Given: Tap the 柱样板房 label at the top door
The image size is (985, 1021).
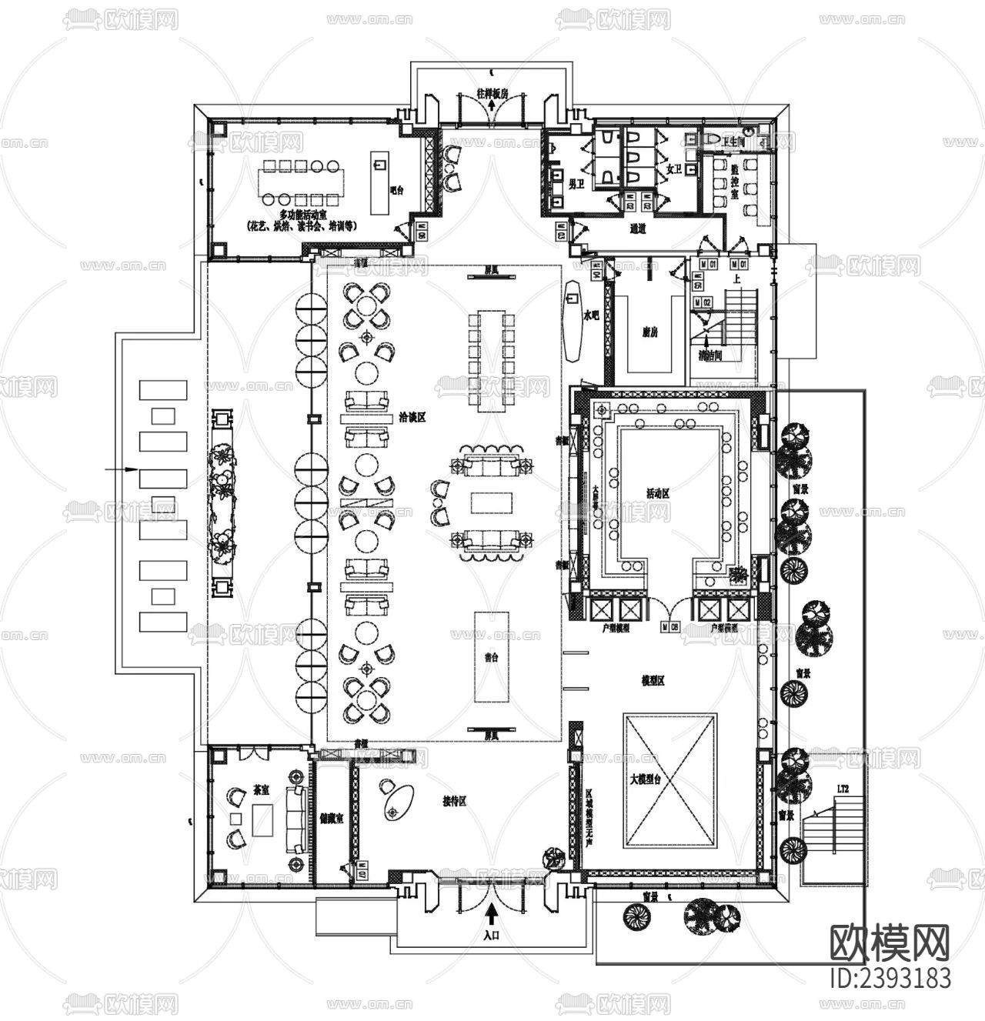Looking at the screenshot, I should (492, 94).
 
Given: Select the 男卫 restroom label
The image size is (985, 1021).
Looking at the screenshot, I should (576, 184).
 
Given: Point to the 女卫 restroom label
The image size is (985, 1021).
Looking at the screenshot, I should (674, 168).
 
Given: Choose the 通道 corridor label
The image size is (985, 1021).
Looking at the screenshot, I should (637, 228).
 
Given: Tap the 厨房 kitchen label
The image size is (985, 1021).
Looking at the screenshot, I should (650, 332).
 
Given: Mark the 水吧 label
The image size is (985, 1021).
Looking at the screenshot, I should (591, 315).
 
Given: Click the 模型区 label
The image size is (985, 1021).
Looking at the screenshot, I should (653, 680).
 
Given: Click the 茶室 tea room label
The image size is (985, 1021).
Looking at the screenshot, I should (260, 790).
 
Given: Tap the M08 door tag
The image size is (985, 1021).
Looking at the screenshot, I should (669, 627).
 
